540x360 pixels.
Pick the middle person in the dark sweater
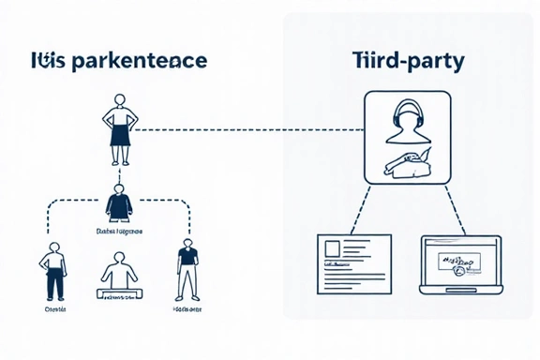pos(120,202)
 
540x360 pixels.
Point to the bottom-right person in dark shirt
pos(187,268)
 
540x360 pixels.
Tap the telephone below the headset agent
pos(404,165)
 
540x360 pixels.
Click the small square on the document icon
pos(331,249)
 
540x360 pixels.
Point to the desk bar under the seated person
pos(118,294)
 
